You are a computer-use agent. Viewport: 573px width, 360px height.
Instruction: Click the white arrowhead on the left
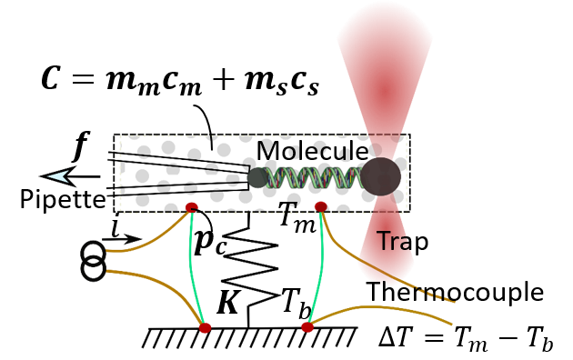[58, 176]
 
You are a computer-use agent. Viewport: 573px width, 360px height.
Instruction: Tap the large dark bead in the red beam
[381, 176]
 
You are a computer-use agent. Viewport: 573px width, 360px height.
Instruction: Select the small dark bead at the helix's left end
[257, 178]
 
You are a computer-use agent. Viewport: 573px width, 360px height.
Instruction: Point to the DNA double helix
[309, 177]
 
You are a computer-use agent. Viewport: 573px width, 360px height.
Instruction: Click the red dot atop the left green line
[191, 207]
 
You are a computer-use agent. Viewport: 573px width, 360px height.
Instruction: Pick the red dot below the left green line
[205, 328]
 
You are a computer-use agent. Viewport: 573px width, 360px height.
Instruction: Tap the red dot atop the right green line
[320, 206]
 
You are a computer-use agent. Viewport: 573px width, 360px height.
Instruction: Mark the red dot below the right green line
[307, 326]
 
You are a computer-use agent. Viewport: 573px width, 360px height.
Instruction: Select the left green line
[192, 264]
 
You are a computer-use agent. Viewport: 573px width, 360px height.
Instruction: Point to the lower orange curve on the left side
[150, 277]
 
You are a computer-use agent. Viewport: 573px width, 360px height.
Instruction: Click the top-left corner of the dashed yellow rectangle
[121, 136]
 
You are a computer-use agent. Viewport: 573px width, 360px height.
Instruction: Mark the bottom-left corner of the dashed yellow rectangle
[121, 213]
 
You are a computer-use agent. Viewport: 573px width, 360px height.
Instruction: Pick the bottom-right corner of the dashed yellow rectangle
[406, 213]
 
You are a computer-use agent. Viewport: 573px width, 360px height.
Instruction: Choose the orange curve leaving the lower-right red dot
[382, 309]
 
